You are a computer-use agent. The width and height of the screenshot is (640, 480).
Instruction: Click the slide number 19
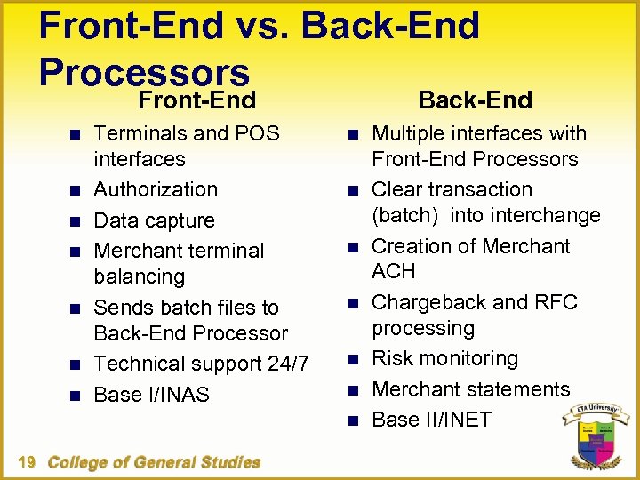[26, 462]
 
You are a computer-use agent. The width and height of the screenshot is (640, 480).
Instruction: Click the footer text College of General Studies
[154, 462]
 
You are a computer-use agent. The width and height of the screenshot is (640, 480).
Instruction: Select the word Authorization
[156, 189]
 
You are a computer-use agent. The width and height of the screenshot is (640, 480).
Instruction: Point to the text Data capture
[154, 220]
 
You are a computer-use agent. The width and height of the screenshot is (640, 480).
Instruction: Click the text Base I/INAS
[151, 395]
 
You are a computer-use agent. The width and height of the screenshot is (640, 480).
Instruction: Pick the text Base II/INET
[431, 420]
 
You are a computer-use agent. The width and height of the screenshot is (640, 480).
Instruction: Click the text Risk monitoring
[444, 358]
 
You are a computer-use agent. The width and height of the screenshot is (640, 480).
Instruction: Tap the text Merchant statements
[470, 389]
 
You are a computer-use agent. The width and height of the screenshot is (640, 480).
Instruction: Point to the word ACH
[394, 271]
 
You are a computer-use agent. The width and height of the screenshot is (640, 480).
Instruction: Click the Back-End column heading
[475, 100]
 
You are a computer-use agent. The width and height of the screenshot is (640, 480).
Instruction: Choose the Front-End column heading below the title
[196, 100]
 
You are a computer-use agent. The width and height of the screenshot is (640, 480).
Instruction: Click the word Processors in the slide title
[144, 72]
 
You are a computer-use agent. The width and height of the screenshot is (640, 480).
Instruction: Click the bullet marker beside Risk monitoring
[352, 359]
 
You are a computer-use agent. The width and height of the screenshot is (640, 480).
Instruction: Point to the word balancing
[140, 276]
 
